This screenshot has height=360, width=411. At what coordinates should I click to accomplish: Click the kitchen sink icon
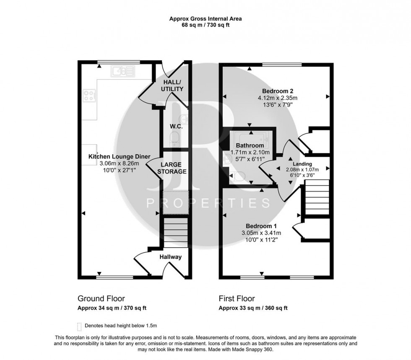pos(123,71)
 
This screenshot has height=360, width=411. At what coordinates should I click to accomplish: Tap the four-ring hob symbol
pos(89,96)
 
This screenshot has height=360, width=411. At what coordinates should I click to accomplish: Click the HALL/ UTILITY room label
pos(172,86)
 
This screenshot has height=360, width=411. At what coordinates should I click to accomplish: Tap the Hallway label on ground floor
pos(170,257)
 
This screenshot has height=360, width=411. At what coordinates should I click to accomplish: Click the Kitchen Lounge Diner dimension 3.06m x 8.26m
pos(119,163)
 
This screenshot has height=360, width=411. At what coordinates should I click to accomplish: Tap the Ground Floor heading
pos(101,299)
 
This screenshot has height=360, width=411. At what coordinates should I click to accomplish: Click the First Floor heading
pos(237,299)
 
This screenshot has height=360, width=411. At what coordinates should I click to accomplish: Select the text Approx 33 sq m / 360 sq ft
pos(253,308)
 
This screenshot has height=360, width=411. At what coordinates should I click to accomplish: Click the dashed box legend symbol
pos(79,326)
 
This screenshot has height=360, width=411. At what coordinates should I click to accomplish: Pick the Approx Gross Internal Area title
pos(205,18)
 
